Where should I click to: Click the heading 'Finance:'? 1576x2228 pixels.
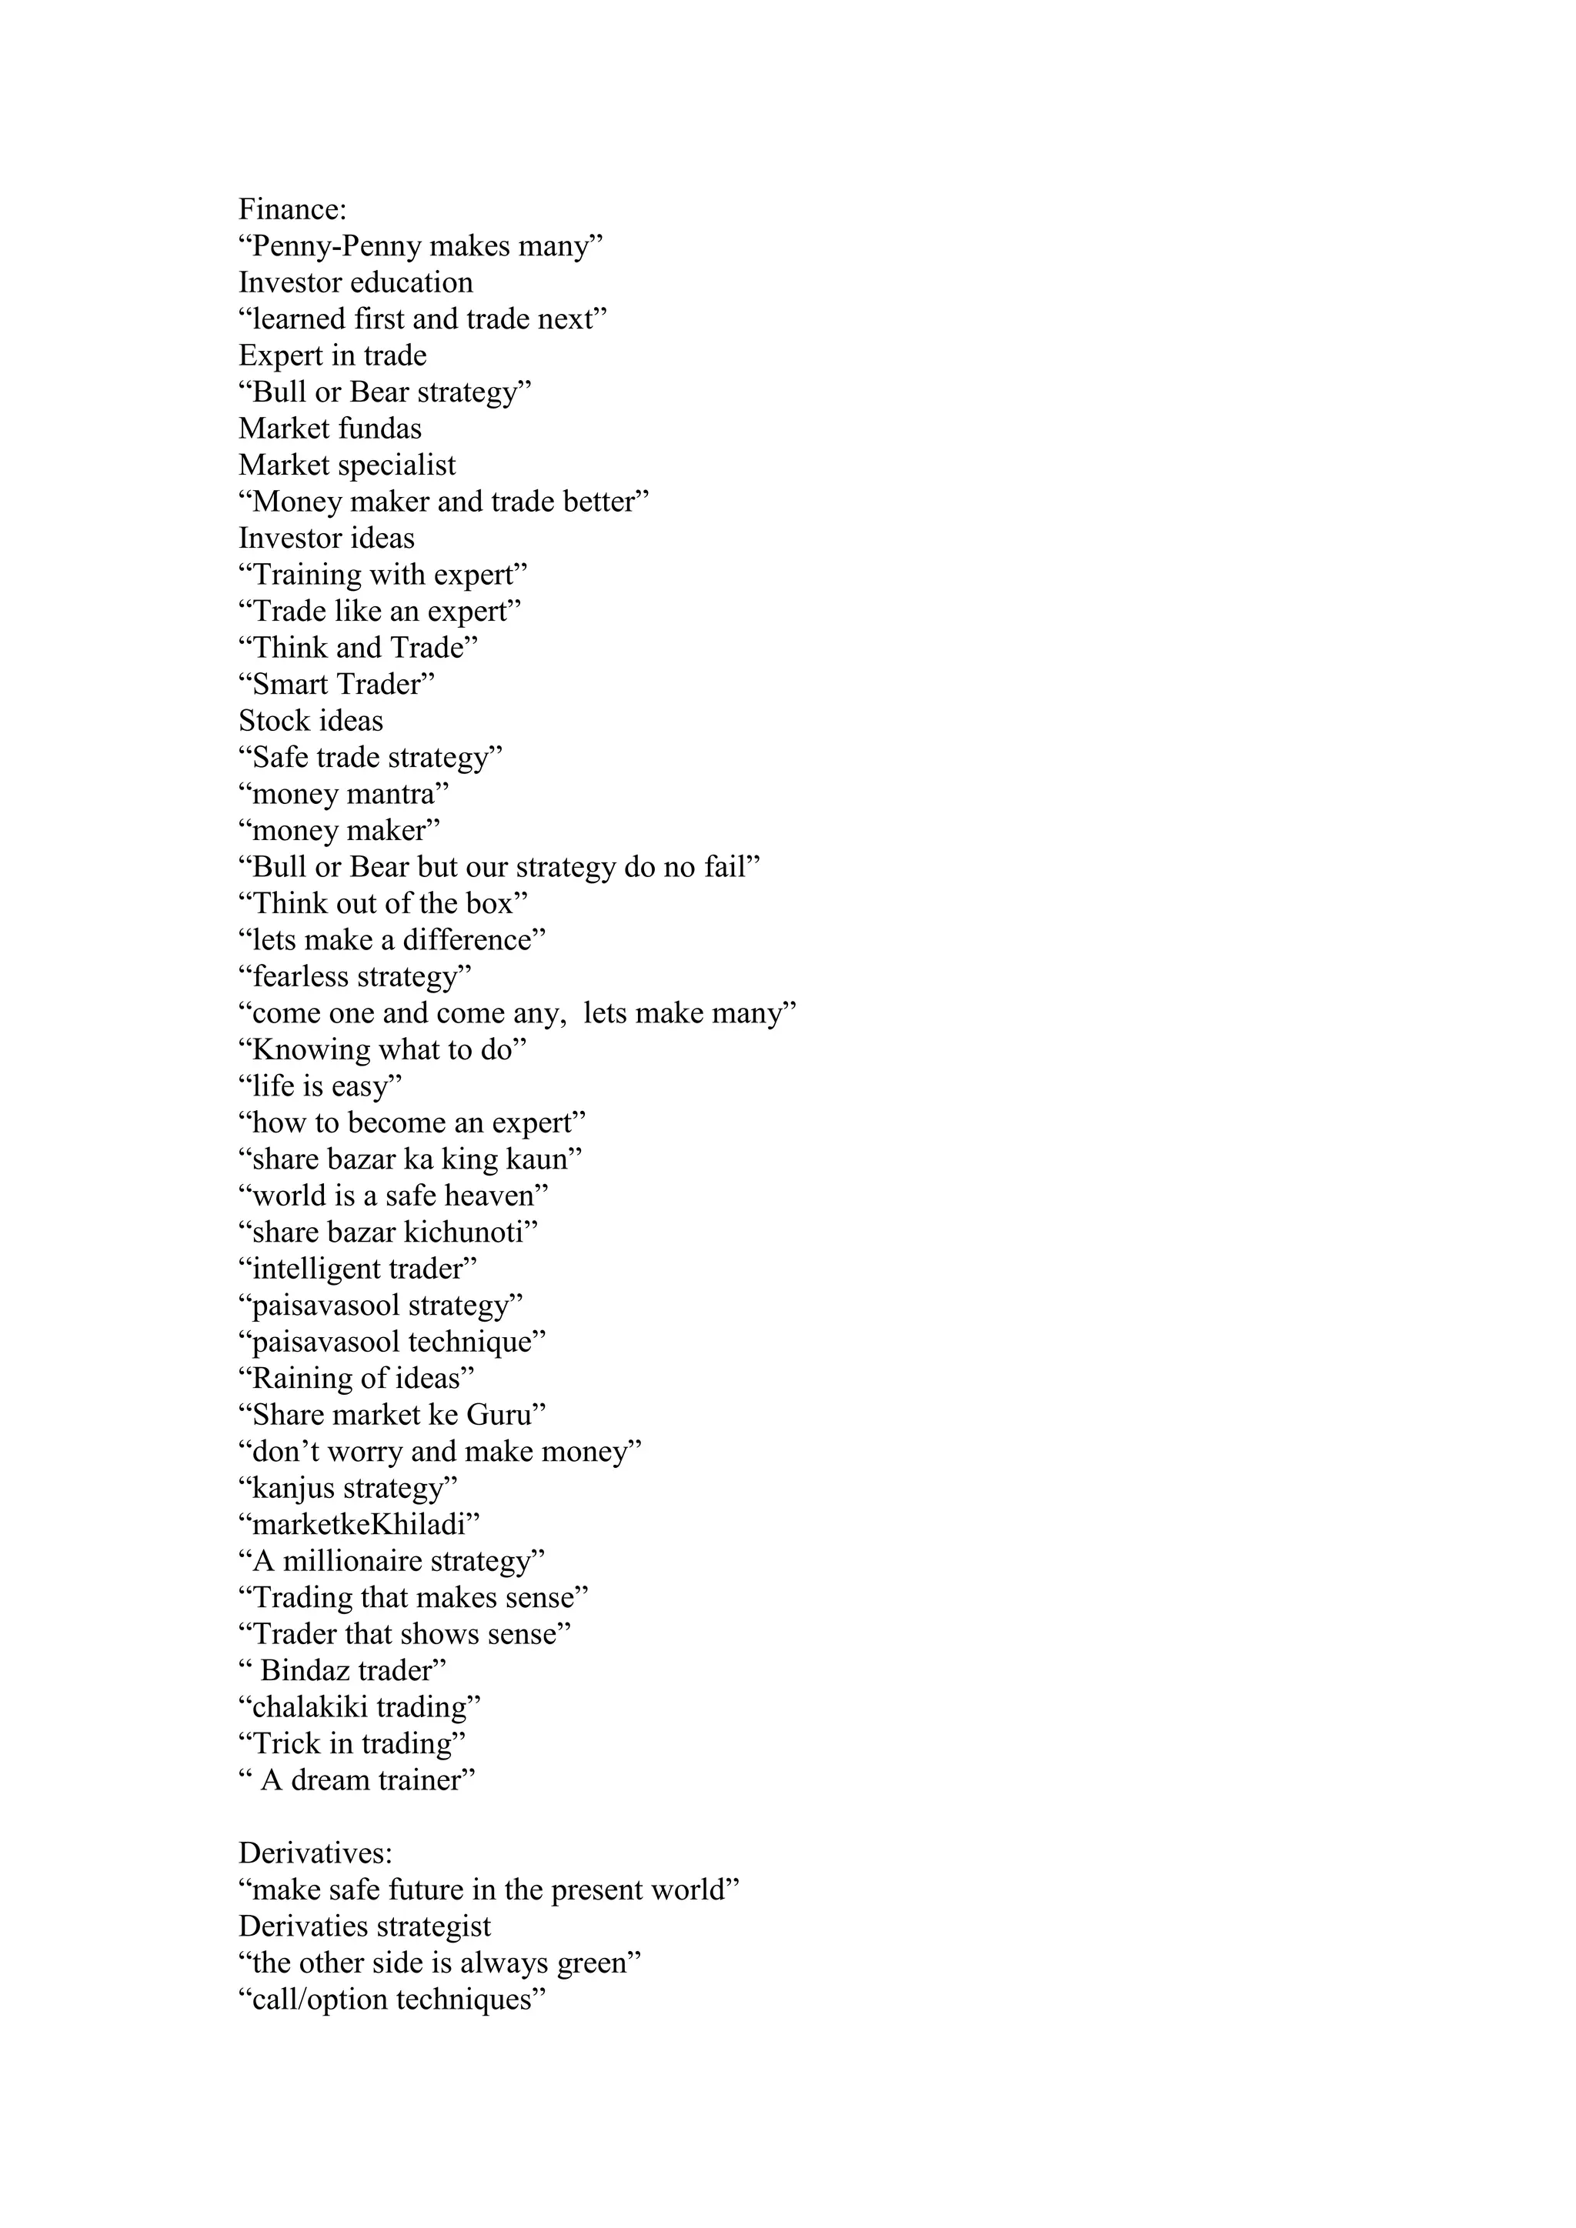click(x=292, y=209)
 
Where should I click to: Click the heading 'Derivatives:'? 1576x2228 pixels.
click(x=316, y=1853)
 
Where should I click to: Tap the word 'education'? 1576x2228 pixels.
click(x=410, y=282)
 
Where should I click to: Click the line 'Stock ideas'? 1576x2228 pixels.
click(x=311, y=721)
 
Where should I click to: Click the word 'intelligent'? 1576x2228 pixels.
click(x=316, y=1269)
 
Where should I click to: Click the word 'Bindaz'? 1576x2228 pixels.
click(x=305, y=1671)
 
